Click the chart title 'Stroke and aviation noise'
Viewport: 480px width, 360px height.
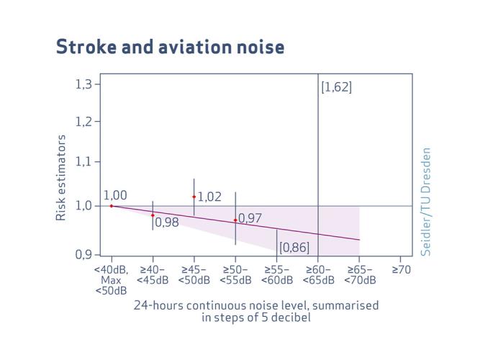click(170, 48)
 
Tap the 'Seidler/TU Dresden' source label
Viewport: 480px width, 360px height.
click(426, 202)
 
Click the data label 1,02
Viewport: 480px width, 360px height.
click(209, 197)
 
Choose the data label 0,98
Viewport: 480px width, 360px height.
click(167, 222)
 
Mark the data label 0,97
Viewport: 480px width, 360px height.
click(250, 218)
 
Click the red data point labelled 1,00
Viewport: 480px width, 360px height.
click(112, 206)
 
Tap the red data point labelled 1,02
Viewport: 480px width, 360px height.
click(194, 197)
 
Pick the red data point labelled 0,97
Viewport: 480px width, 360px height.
click(235, 220)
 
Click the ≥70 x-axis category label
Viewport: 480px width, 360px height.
click(402, 270)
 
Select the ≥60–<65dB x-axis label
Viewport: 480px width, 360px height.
click(318, 275)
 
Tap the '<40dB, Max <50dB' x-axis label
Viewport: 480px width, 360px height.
click(112, 280)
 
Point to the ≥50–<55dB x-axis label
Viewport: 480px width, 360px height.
click(235, 275)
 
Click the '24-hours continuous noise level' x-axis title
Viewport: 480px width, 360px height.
click(255, 310)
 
